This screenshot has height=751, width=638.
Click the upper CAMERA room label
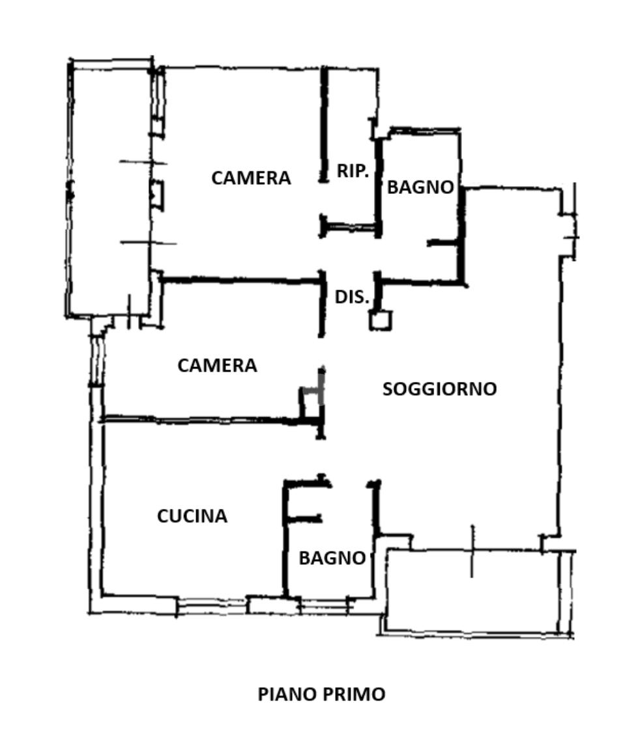pos(251,178)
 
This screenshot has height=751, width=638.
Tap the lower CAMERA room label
pos(217,366)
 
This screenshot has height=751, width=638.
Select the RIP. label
pos(353,171)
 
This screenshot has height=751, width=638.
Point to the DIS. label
pos(352,297)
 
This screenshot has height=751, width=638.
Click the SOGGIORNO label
pos(439,389)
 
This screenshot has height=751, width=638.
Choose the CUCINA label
pos(192,517)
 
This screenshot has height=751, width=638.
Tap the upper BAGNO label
pos(420,187)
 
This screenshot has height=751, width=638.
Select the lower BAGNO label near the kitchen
pos(332,558)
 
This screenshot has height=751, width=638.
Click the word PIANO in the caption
pos(285,694)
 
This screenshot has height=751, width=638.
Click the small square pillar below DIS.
pos(381,320)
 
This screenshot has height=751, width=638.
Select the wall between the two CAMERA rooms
pos(241,280)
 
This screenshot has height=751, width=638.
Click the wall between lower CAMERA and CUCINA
pos(202,420)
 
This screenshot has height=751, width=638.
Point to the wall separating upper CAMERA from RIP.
pos(324,124)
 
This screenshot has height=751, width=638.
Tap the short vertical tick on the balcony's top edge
pos(472,551)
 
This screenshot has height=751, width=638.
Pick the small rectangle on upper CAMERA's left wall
pos(157,195)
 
